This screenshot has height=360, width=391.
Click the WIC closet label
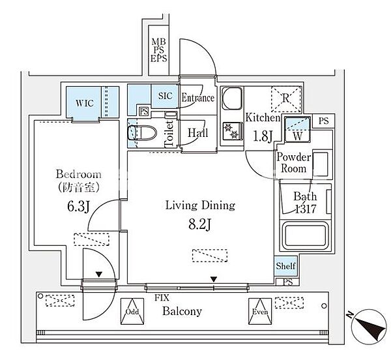pos(85,103)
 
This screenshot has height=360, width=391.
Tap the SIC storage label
pos(166,96)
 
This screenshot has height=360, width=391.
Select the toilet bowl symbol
pos(142,132)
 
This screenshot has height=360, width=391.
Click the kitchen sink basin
pos(232,98)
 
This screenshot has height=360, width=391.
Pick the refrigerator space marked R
pos(286,99)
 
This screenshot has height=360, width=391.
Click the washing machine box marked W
pos(298,130)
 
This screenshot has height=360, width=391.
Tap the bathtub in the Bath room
pos(306,235)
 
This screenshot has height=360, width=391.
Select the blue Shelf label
pos(286,266)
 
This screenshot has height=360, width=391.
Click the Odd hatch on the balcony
pos(132,311)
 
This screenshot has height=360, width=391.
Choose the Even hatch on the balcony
pos(260,311)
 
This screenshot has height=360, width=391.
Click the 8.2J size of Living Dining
pos(200,225)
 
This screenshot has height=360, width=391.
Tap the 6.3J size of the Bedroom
pos(78,207)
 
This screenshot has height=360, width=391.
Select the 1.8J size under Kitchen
pos(263,137)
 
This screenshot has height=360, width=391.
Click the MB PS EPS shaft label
pos(158,50)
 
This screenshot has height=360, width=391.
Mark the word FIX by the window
pos(162,297)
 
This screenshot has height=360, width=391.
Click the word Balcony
pos(182,312)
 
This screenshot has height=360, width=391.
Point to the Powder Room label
pos(294,162)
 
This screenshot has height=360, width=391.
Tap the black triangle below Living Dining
pos(214,279)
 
